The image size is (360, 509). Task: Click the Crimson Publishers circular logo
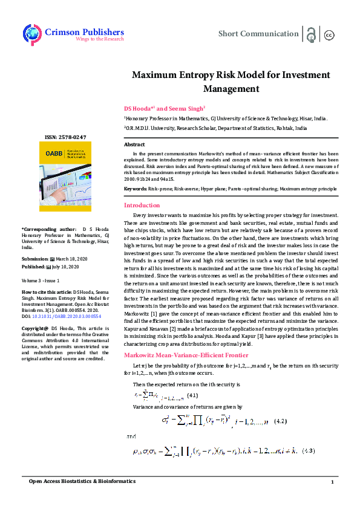[x=32, y=34]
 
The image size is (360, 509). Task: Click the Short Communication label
[x=258, y=34]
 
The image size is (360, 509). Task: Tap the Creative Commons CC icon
[x=329, y=34]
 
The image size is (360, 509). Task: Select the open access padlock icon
[x=310, y=34]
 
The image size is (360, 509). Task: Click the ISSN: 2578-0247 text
[x=65, y=138]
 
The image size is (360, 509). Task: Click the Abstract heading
[x=134, y=145]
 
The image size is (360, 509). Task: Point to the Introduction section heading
[x=142, y=206]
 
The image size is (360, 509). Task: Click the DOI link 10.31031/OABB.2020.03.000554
[x=67, y=316]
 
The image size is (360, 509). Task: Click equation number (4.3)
[x=308, y=451]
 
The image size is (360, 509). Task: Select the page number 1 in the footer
[x=332, y=481]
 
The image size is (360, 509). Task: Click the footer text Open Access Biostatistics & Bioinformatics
[x=83, y=481]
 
